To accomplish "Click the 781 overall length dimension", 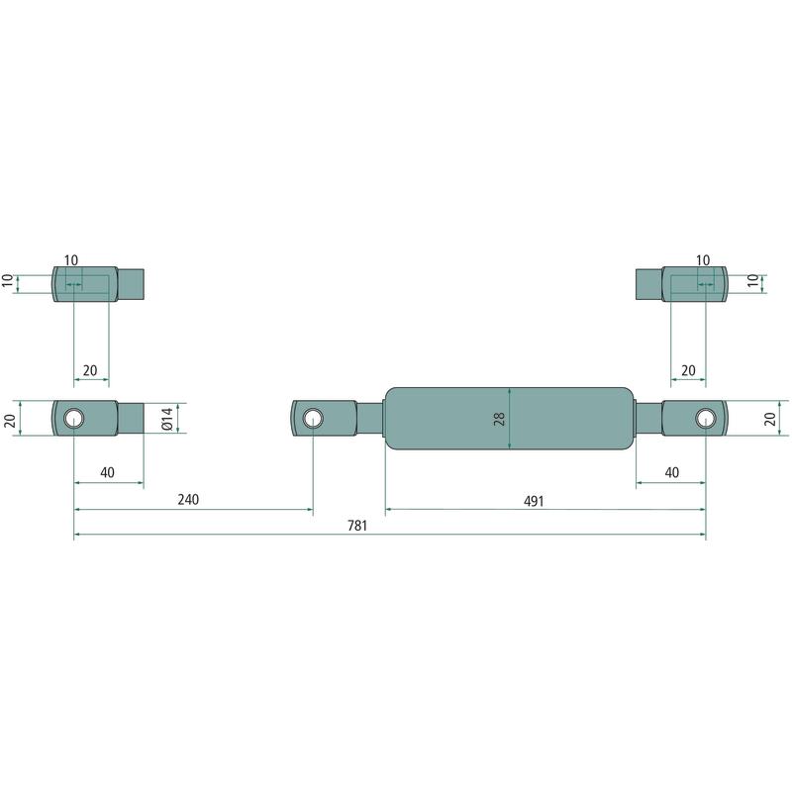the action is [x=357, y=526].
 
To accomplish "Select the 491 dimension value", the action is [x=534, y=501].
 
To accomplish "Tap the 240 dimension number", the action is [x=188, y=499].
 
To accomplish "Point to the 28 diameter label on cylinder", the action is [x=499, y=419].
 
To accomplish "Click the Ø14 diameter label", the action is [x=167, y=418].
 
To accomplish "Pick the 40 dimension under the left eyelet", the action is [x=107, y=472].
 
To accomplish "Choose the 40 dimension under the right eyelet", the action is [x=672, y=472].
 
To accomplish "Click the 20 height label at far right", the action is [x=770, y=419].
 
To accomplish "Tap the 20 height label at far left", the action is [x=10, y=419].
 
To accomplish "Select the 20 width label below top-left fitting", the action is [x=90, y=370].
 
